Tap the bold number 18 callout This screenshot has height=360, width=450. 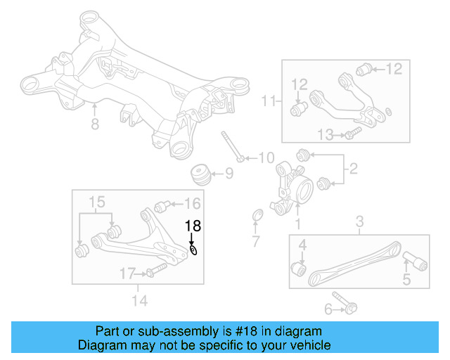click(193, 226)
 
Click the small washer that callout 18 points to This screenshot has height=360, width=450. click(193, 250)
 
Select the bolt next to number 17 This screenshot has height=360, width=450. click(156, 271)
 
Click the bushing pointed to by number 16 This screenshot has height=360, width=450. click(160, 206)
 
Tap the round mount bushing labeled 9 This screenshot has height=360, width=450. click(201, 173)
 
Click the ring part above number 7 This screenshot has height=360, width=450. click(257, 214)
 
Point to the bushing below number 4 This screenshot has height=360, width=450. click(298, 268)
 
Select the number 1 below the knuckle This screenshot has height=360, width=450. click(297, 225)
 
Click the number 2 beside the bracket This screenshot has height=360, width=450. click(353, 169)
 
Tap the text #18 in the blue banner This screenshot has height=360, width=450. click(249, 331)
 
